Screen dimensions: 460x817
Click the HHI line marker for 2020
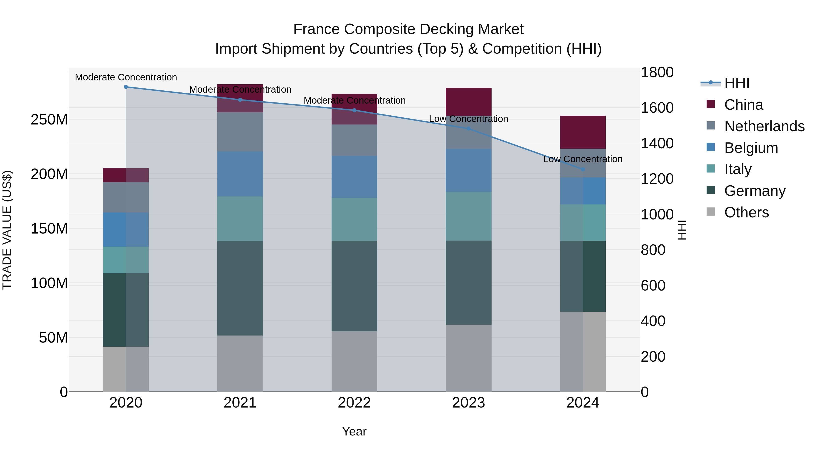pos(126,87)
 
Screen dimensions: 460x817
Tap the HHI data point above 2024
pos(583,169)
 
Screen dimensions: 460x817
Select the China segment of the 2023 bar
pos(468,102)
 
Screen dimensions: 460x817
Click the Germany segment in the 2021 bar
pos(240,288)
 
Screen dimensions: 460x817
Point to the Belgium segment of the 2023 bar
pos(468,170)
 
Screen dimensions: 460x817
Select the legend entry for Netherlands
pos(764,126)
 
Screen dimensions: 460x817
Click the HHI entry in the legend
pos(737,83)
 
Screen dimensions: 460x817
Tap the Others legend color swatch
pos(711,212)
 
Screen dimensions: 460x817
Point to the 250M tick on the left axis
pos(49,120)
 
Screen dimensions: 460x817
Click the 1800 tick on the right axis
pos(657,72)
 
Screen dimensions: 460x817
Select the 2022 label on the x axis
pos(354,403)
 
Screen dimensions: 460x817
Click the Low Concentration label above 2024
pos(583,159)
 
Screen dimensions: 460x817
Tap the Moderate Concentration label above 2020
pos(126,77)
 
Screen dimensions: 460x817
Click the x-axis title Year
pos(354,431)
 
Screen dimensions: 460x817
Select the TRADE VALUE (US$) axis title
pos(7,230)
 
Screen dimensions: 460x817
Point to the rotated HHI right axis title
pos(682,230)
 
